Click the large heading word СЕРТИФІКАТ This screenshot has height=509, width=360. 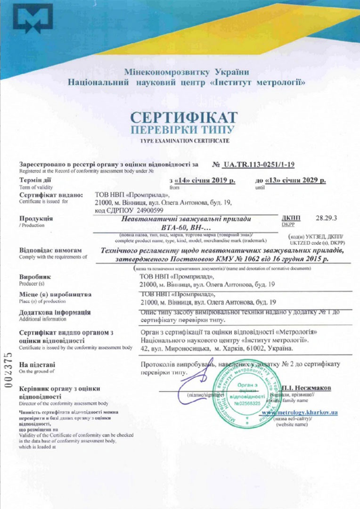click(184, 117)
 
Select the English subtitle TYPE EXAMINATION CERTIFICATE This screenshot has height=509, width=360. click(184, 141)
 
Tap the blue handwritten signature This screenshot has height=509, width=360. click(198, 377)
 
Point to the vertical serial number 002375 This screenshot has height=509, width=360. click(8, 369)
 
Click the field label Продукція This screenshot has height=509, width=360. click(36, 219)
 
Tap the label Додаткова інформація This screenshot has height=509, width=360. click(55, 312)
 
